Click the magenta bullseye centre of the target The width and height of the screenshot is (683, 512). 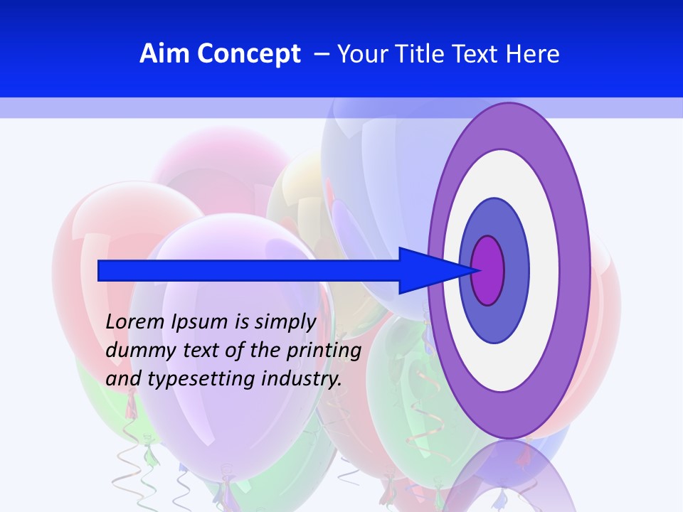click(x=487, y=270)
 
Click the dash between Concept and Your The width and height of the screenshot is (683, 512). click(x=322, y=54)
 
